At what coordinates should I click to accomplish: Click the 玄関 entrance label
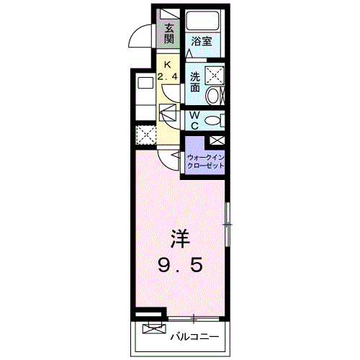(x=169, y=33)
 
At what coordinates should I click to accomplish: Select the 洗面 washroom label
(x=195, y=81)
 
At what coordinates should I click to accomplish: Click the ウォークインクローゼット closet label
(x=205, y=161)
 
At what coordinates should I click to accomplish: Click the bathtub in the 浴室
(x=202, y=21)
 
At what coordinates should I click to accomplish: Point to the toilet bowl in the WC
(x=214, y=120)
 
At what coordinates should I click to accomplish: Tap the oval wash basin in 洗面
(x=214, y=94)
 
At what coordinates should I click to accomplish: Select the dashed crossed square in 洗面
(x=214, y=73)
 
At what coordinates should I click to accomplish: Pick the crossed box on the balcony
(x=153, y=330)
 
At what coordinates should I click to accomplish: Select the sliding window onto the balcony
(x=194, y=317)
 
